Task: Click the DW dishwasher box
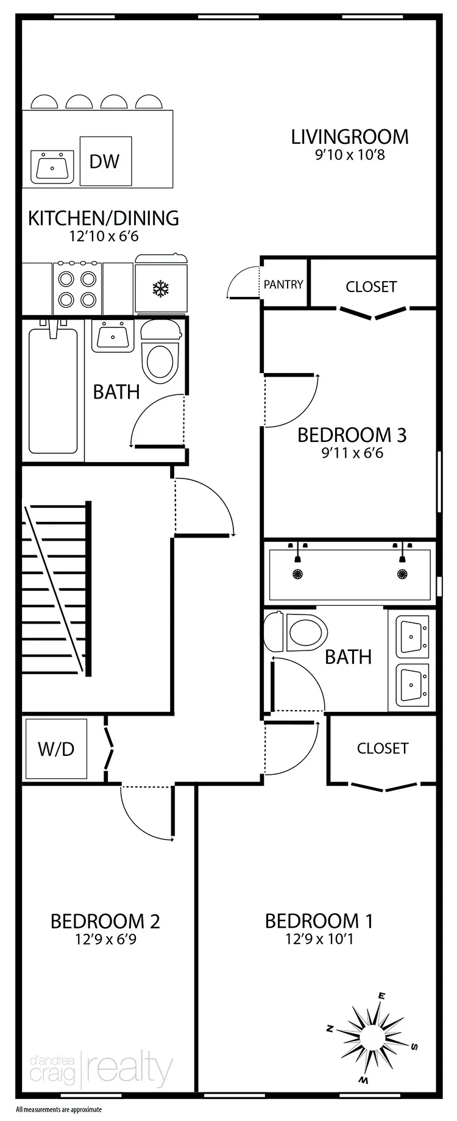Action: (105, 162)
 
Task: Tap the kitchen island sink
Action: (52, 166)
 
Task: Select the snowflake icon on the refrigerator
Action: (160, 288)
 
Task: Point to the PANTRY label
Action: (283, 284)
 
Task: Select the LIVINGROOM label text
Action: (350, 137)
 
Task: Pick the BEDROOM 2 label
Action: (105, 920)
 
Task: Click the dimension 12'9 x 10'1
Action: (319, 939)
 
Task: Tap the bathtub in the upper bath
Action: (53, 391)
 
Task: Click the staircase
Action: (57, 588)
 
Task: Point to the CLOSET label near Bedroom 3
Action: (371, 286)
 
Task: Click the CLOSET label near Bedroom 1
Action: (383, 748)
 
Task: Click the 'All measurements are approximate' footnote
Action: (58, 1110)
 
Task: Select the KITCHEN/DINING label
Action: (104, 218)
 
